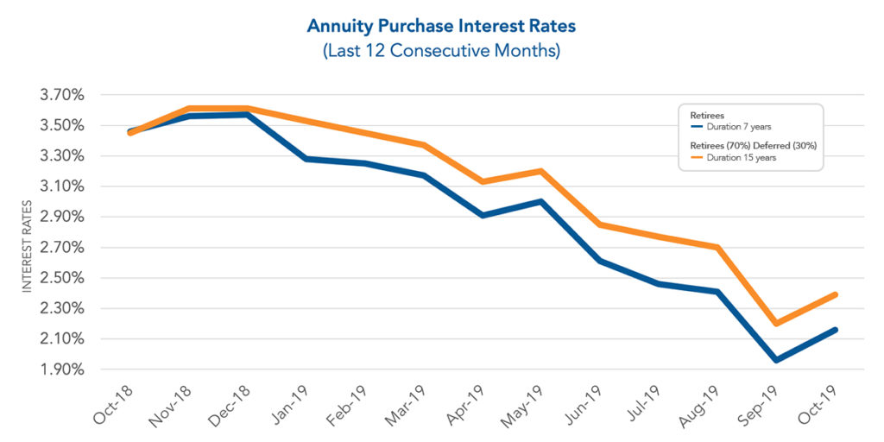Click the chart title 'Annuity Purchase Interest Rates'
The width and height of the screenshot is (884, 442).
pyautogui.click(x=441, y=26)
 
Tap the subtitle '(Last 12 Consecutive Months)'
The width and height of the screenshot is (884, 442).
pyautogui.click(x=441, y=51)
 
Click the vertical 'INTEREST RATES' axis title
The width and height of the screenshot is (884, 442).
pyautogui.click(x=27, y=247)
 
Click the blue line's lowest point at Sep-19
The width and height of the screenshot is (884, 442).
pyautogui.click(x=776, y=360)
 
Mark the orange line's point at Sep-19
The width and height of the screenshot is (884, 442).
pyautogui.click(x=776, y=324)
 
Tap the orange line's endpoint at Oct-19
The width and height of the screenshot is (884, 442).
pyautogui.click(x=835, y=294)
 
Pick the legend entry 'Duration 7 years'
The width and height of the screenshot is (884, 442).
pyautogui.click(x=743, y=127)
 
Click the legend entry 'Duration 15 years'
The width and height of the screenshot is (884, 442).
pyautogui.click(x=745, y=157)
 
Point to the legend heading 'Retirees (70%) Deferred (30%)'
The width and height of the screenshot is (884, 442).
pyautogui.click(x=753, y=145)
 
